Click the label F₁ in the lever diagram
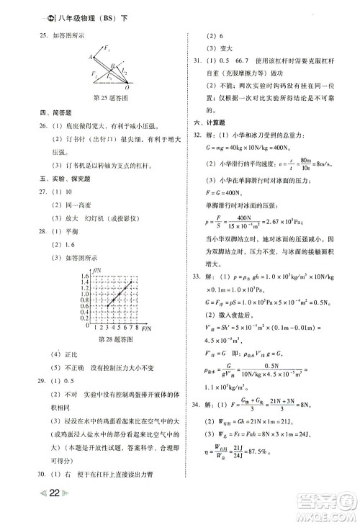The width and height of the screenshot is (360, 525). point(108,49)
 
